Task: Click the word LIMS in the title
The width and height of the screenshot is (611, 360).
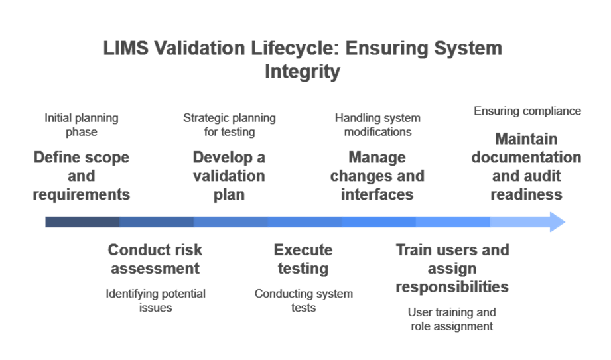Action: (123, 49)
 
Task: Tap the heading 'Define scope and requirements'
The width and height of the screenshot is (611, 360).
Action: (82, 176)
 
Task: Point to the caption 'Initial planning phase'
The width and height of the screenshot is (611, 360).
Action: (82, 125)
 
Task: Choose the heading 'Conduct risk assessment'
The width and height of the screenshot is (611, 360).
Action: (155, 259)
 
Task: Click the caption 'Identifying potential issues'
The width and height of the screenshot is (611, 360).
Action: (156, 301)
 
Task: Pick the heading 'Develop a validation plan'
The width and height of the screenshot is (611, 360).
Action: (229, 176)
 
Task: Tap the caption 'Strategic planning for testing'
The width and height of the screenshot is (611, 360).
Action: (230, 125)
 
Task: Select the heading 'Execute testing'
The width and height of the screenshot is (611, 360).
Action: (303, 259)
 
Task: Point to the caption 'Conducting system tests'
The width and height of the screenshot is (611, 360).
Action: (304, 301)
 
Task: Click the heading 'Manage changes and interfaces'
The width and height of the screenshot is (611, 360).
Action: (377, 176)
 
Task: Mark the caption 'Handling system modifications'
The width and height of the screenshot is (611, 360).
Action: (377, 125)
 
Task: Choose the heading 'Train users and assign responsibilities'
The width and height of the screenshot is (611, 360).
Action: (452, 269)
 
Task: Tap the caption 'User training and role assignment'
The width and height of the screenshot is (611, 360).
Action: (452, 319)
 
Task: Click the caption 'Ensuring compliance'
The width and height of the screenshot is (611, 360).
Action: (527, 111)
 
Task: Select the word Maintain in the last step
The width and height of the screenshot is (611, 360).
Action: (527, 141)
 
